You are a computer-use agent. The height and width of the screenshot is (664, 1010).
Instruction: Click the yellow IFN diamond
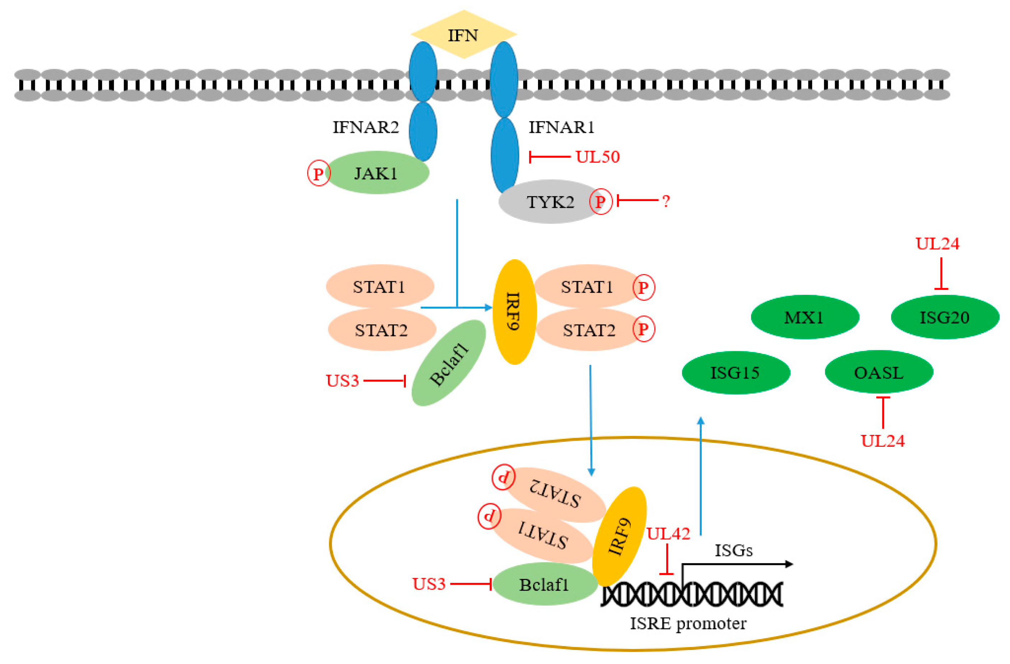point(463,34)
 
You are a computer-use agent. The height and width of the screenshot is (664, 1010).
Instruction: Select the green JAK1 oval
point(377,173)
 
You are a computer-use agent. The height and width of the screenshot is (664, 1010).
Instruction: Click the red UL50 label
point(598,157)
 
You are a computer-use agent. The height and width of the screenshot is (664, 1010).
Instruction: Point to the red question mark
point(666,201)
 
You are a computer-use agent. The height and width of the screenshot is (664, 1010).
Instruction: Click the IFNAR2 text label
point(365,127)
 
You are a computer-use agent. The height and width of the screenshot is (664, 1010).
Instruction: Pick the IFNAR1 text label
point(561,127)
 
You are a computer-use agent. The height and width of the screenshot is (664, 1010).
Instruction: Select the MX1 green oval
point(805,317)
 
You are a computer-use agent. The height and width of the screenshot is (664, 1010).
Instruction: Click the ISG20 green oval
point(945,317)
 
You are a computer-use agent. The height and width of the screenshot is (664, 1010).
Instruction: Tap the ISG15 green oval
point(736,372)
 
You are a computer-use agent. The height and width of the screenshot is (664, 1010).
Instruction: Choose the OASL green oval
point(879,372)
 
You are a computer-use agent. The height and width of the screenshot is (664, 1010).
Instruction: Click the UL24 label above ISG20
point(937,243)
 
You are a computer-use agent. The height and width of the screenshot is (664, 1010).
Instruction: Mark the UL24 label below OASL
point(883,441)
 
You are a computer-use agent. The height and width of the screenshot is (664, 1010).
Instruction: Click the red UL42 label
point(668,534)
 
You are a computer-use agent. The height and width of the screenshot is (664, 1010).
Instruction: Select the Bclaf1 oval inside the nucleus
point(545,584)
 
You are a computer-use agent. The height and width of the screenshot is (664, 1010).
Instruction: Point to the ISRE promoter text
point(688,624)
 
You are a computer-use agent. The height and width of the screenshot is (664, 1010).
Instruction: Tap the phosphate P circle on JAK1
point(319,173)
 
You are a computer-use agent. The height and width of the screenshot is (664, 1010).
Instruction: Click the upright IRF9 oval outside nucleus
point(514,312)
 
